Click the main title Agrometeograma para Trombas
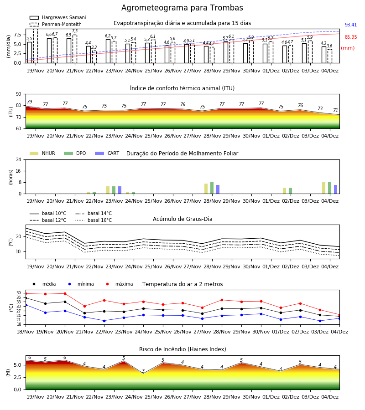(182, 8)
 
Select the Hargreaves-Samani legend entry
(57, 17)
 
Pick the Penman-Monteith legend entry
(56, 24)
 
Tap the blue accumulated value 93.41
(351, 25)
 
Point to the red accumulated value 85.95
(351, 37)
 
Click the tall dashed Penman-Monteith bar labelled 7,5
(75, 49)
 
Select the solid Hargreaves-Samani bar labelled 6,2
(108, 51)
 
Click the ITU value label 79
(29, 102)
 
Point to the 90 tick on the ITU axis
(19, 94)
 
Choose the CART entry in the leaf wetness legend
(107, 153)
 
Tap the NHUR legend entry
(42, 153)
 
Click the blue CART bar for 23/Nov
(120, 190)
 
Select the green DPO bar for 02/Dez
(290, 191)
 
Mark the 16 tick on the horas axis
(19, 171)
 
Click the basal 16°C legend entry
(94, 220)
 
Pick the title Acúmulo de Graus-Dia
(182, 219)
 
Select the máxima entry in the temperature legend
(118, 284)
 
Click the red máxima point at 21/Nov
(84, 306)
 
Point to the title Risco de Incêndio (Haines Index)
(182, 349)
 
